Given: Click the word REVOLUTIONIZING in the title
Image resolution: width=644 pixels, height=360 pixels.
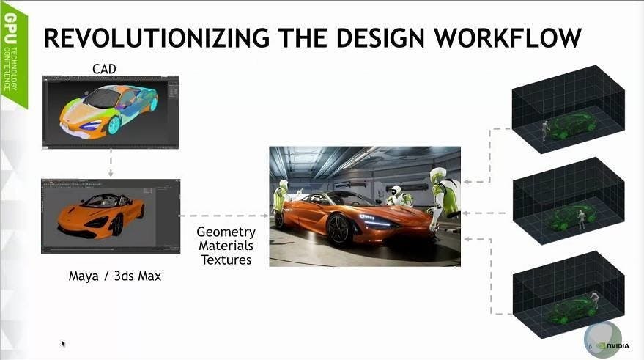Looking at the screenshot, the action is (x=157, y=38).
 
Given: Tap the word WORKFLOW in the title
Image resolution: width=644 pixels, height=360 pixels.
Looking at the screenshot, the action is (x=508, y=38).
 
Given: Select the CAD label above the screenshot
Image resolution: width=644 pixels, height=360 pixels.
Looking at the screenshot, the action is (x=104, y=69).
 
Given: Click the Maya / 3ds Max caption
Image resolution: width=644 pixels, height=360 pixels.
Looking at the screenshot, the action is (x=114, y=276).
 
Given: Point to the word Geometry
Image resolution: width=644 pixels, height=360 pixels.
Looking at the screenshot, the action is (x=226, y=232).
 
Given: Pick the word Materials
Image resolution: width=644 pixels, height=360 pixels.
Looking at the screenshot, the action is (x=226, y=246).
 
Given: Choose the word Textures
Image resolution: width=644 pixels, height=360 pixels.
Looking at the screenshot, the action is (x=226, y=260).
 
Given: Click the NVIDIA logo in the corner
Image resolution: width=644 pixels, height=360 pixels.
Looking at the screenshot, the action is (x=612, y=346).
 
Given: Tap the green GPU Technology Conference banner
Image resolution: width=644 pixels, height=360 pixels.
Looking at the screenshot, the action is (x=13, y=57).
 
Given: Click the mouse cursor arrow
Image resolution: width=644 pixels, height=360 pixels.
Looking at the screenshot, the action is (x=63, y=344).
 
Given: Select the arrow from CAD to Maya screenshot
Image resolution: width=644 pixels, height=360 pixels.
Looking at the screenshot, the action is (x=111, y=164).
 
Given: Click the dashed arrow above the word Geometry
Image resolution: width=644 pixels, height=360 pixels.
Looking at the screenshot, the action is (x=224, y=216).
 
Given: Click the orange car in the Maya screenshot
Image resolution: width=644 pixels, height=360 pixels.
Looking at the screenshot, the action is (x=101, y=217).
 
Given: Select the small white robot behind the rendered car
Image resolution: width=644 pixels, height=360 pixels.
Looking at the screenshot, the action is (x=398, y=196).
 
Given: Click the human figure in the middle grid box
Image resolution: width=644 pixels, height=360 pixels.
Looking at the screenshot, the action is (x=581, y=219).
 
